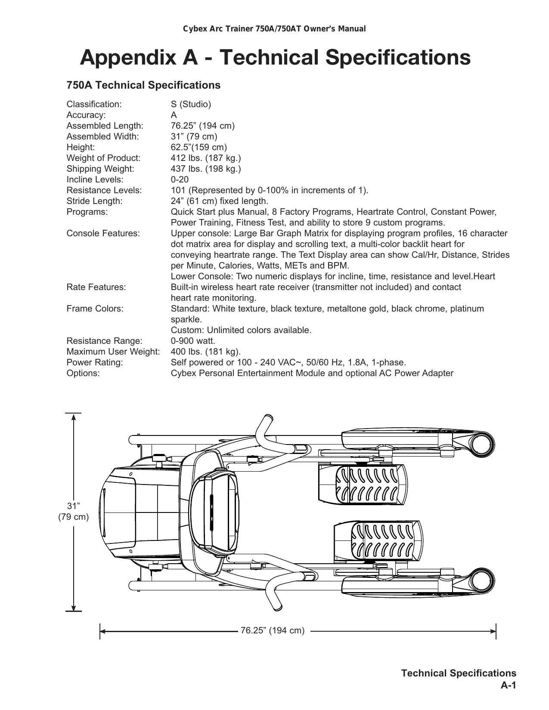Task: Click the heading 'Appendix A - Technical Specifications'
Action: tap(275, 58)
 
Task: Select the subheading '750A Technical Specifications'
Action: tap(143, 85)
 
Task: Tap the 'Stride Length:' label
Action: tap(94, 201)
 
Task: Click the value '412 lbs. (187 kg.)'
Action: tap(206, 158)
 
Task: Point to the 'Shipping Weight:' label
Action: tap(100, 169)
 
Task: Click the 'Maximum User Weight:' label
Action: tap(113, 352)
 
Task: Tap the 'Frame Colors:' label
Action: tap(95, 309)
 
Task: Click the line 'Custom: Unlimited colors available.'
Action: tap(241, 330)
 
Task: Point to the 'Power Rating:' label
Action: tap(95, 362)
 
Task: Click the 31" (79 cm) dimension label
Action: tap(74, 511)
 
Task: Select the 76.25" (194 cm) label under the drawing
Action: tap(273, 630)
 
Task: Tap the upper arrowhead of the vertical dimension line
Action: tap(74, 417)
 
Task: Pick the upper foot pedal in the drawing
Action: tap(370, 485)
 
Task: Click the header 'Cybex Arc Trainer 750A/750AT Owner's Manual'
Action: tap(275, 29)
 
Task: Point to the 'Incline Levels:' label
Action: tap(95, 179)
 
